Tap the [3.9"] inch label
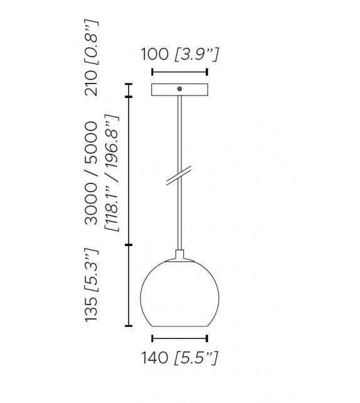click(196, 55)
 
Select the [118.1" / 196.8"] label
click(112, 173)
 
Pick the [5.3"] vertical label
click(93, 269)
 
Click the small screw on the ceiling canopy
click(180, 90)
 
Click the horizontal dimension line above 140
click(180, 340)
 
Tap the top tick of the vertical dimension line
click(130, 84)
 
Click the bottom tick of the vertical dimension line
click(130, 326)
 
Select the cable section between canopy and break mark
click(180, 132)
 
